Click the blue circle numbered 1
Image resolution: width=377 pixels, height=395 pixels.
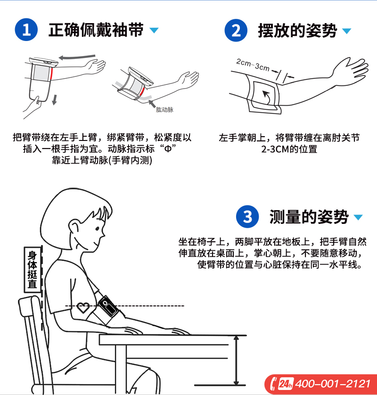click(x=26, y=30)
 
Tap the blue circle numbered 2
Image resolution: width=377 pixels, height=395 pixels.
click(x=236, y=30)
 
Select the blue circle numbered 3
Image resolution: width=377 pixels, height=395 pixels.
click(x=247, y=217)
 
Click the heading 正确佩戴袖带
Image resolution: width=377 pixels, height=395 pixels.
click(x=96, y=30)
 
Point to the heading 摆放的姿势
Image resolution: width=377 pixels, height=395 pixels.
click(x=297, y=31)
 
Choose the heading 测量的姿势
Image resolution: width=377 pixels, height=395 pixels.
click(x=309, y=217)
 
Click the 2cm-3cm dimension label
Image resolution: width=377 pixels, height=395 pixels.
click(x=253, y=65)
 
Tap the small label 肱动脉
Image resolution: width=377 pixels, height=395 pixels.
click(x=164, y=109)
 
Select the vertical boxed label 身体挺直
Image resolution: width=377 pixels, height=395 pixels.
click(x=33, y=269)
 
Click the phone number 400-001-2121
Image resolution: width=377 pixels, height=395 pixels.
click(x=333, y=384)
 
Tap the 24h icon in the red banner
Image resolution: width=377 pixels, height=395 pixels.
click(x=286, y=384)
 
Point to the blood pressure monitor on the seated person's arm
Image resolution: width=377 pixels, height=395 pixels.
click(x=108, y=306)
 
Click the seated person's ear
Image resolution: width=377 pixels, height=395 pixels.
click(x=75, y=226)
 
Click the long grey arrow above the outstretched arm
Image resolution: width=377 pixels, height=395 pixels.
click(x=77, y=57)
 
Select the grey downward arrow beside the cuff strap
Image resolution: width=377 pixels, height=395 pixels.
click(x=54, y=100)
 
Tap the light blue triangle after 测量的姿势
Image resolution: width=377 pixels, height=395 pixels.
click(x=358, y=217)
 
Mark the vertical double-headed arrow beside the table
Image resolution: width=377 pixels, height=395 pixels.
click(x=236, y=361)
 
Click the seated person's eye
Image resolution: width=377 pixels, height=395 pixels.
click(x=98, y=229)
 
